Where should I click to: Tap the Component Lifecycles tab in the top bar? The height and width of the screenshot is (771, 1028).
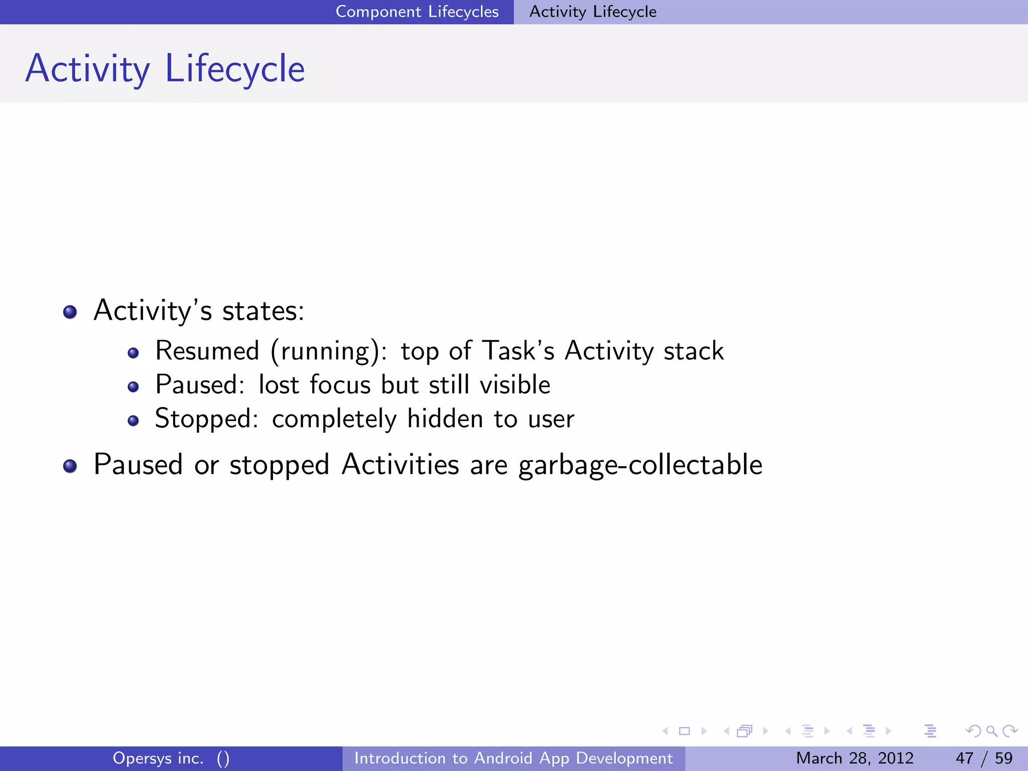417,12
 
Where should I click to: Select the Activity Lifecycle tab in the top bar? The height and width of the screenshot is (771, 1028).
593,12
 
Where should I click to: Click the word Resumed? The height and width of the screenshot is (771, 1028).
207,350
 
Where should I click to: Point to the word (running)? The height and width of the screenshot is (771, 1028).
329,351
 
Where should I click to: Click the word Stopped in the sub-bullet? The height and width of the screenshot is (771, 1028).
206,419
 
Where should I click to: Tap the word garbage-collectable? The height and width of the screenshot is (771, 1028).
640,465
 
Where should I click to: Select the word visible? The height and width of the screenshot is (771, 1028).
515,385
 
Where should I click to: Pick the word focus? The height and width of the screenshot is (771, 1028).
340,385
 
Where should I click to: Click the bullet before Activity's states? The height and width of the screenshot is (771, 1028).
70,312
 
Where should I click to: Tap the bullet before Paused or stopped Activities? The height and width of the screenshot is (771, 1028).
70,466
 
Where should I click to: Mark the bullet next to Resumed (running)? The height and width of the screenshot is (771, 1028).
133,353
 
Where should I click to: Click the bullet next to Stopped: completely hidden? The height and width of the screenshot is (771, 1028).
133,421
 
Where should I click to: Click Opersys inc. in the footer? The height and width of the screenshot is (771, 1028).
158,758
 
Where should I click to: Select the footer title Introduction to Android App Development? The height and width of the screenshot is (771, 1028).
513,758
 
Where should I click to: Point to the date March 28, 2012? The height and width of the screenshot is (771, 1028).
854,758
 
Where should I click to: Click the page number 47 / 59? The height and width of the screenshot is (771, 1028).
984,758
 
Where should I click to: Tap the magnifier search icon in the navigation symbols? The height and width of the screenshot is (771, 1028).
991,731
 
